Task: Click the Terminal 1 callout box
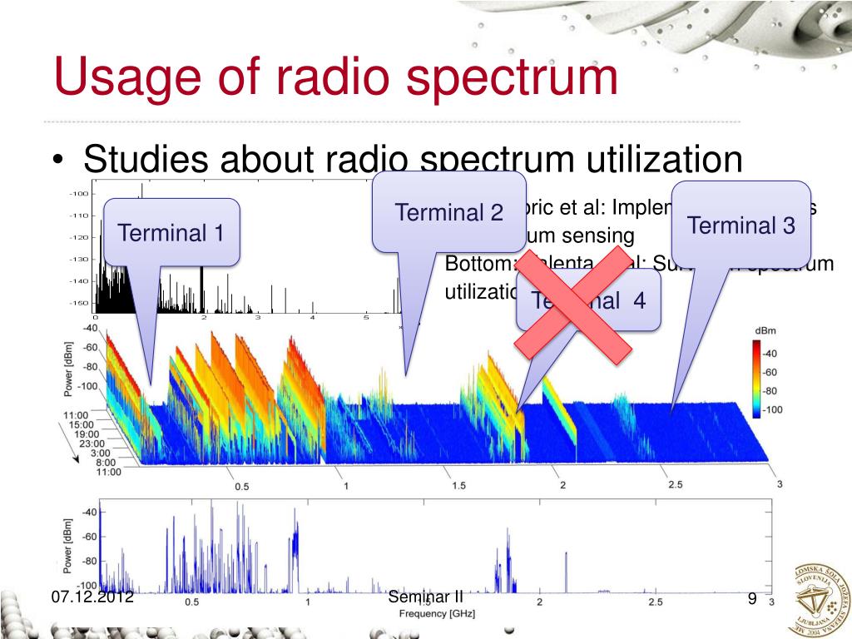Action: tap(171, 232)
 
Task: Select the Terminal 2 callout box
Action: tap(448, 211)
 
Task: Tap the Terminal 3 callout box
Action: tap(741, 224)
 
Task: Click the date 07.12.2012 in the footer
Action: tap(92, 597)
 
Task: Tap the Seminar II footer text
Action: tap(425, 597)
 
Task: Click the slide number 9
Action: tap(751, 597)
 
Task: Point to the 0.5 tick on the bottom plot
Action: tap(192, 602)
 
